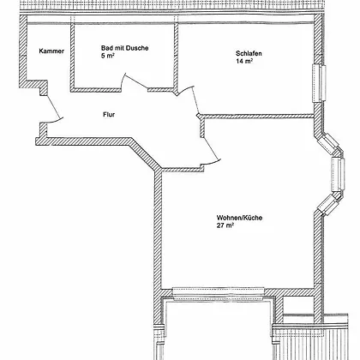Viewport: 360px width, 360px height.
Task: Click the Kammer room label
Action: [51, 51]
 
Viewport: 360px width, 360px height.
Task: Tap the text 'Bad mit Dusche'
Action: [124, 48]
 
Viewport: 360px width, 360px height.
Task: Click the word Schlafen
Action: [249, 53]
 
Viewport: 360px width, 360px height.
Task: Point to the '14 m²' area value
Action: [244, 61]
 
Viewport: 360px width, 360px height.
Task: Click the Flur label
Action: [109, 115]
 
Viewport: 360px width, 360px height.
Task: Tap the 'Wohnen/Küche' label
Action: [239, 218]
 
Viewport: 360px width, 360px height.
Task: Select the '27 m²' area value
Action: [225, 225]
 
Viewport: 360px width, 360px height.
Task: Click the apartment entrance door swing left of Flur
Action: [53, 108]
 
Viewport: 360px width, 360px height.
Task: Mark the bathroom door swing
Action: [135, 81]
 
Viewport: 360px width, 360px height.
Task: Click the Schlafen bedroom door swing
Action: [189, 98]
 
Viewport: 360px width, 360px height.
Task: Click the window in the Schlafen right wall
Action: [319, 83]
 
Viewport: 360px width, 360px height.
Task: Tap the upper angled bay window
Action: [330, 144]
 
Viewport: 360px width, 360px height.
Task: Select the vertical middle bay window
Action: [338, 174]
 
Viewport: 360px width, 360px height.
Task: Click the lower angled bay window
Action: [328, 204]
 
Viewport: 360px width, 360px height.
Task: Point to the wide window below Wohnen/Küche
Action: [219, 294]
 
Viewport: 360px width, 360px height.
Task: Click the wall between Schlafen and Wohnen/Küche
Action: [258, 117]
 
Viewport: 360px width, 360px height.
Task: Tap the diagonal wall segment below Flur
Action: [145, 154]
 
